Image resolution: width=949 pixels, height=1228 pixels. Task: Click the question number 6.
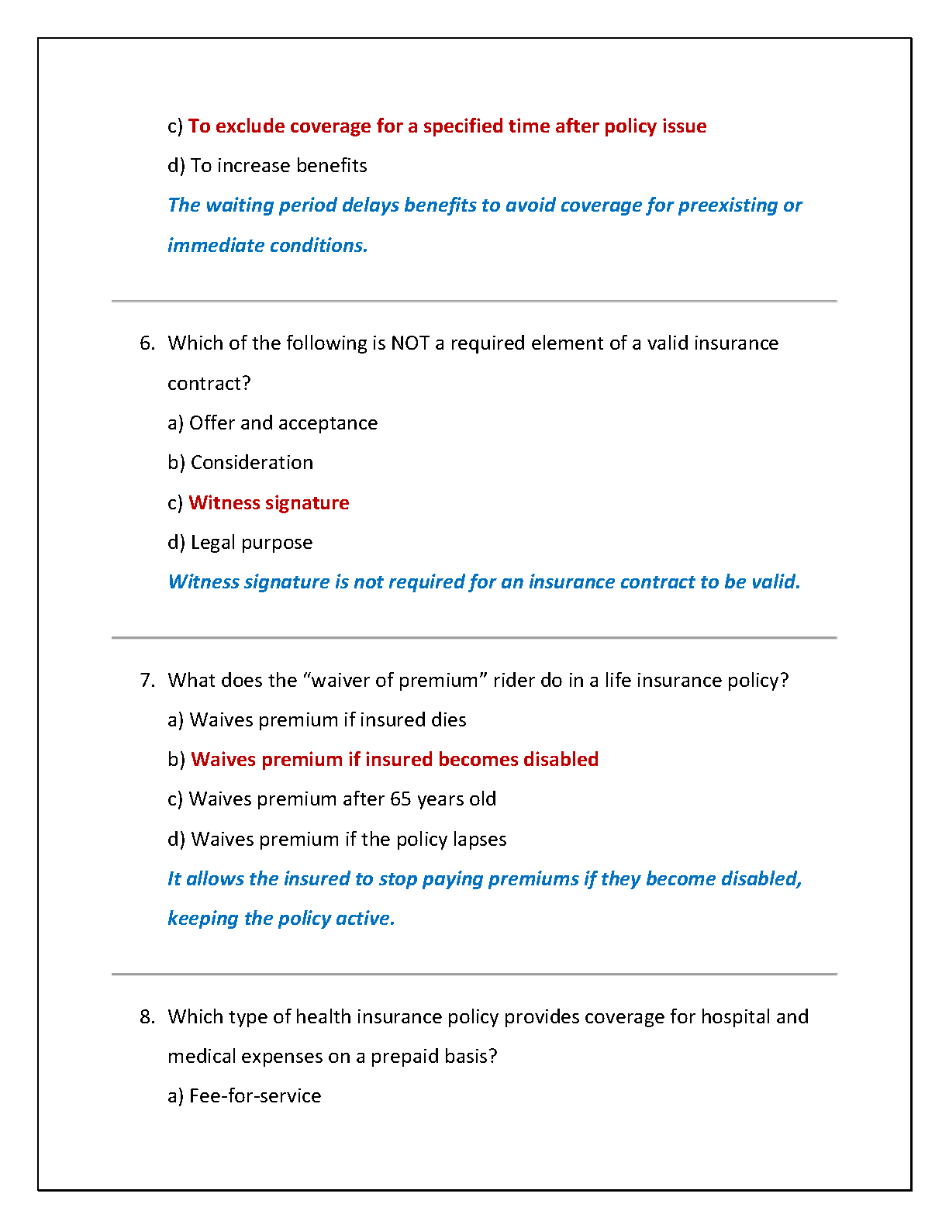pos(147,343)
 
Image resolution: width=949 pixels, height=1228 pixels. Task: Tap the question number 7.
pos(147,681)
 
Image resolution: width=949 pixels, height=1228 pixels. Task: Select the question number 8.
pos(147,1017)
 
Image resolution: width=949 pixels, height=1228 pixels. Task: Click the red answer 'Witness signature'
pos(268,503)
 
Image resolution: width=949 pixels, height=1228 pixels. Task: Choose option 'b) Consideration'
pos(240,463)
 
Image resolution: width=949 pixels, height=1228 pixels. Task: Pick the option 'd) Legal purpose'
pos(240,543)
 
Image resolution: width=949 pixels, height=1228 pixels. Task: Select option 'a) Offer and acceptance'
pos(272,423)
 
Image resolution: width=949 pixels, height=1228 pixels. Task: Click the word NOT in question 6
pos(410,343)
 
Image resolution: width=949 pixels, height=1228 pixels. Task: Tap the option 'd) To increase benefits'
pos(267,166)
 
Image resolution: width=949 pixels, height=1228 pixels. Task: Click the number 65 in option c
pos(401,799)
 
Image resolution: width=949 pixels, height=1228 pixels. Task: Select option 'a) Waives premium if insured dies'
pos(316,720)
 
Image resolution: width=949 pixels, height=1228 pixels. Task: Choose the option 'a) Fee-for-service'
pos(244,1096)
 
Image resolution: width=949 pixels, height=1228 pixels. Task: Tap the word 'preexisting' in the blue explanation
pos(728,205)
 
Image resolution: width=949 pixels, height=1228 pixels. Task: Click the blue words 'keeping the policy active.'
pos(281,919)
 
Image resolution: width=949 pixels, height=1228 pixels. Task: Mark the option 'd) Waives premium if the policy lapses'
pos(336,840)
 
